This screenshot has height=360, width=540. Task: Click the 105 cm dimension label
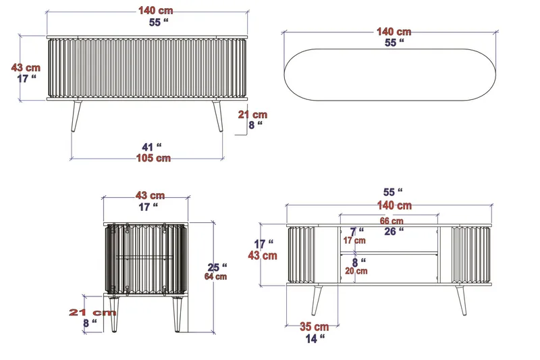[x=154, y=158]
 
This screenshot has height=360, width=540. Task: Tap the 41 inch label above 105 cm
[x=155, y=146]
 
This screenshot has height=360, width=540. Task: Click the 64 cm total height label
[x=216, y=276]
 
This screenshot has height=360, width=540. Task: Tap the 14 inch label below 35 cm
[x=314, y=338]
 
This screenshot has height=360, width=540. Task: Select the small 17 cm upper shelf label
[x=354, y=240]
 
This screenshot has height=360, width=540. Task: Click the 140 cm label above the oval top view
[x=394, y=32]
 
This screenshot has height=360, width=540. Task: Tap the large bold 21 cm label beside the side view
[x=92, y=312]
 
